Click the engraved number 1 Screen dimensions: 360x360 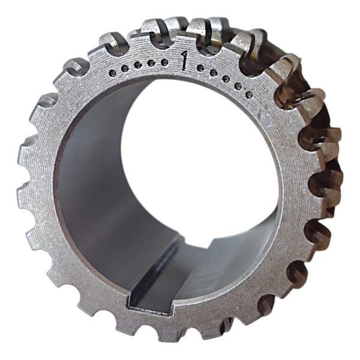(183, 61)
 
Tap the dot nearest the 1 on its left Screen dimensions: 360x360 (164, 62)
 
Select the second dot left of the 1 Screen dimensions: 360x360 (151, 63)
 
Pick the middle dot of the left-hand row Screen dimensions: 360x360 (138, 65)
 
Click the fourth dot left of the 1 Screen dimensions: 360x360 (125, 68)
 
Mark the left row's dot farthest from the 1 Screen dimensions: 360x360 (113, 73)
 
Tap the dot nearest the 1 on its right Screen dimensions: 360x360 (200, 68)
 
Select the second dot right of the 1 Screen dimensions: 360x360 (214, 73)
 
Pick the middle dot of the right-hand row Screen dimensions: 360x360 (226, 79)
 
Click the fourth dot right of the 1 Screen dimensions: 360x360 (238, 86)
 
